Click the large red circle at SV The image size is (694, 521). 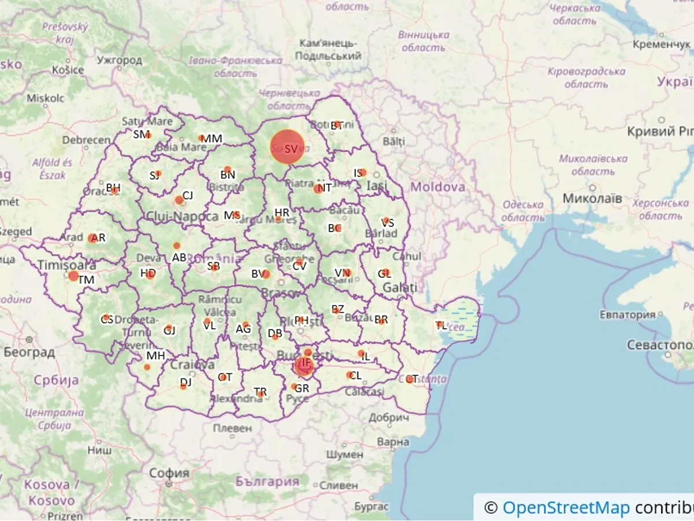pos(287,147)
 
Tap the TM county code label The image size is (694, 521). pos(86,280)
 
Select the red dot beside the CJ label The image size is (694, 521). pos(179,200)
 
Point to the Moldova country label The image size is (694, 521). pos(438,186)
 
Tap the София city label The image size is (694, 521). pos(169,473)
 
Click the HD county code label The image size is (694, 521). pos(148,273)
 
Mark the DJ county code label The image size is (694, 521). pos(186,382)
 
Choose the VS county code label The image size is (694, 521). pos(387,222)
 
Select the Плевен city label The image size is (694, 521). pos(232,428)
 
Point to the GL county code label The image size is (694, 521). pos(385,273)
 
